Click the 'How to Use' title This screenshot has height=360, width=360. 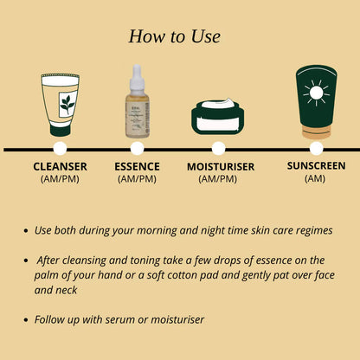(174, 36)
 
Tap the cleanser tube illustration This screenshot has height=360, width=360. (59, 102)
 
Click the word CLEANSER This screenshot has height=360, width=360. (59, 166)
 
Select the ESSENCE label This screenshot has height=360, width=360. (135, 166)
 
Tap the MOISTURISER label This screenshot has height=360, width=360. (219, 166)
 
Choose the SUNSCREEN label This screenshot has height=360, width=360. (316, 164)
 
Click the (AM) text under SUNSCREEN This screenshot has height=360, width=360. (316, 177)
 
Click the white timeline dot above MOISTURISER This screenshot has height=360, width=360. (218, 149)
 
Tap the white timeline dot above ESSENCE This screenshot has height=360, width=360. (135, 149)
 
